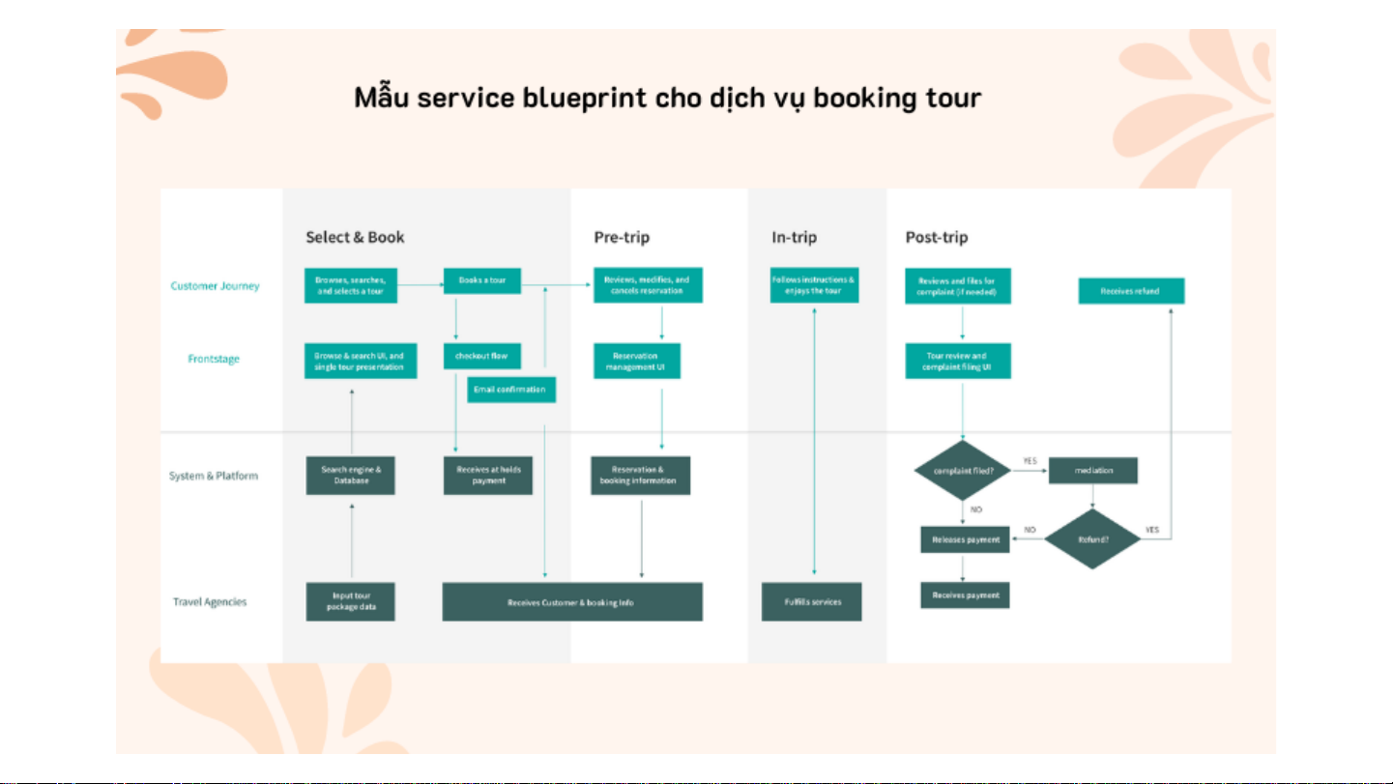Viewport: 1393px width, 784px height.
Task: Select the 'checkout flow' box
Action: click(x=481, y=356)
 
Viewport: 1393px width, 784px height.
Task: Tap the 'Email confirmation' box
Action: click(x=510, y=390)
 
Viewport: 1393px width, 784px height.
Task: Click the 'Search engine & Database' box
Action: click(x=351, y=475)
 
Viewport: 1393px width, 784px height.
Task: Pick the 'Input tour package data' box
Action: click(x=351, y=601)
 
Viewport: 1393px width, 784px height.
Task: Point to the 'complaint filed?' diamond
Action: click(x=962, y=471)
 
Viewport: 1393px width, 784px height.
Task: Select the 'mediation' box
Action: click(x=1093, y=471)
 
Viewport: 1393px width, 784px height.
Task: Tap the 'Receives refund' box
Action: click(x=1131, y=291)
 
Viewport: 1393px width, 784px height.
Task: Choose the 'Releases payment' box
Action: click(x=965, y=539)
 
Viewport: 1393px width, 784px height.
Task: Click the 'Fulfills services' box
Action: click(x=812, y=601)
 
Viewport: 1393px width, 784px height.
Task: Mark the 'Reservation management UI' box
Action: click(x=637, y=361)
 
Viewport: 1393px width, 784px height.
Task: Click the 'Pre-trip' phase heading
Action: click(x=621, y=238)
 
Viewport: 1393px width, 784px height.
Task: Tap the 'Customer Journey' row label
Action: click(x=215, y=286)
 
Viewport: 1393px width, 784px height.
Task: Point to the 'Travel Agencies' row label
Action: click(x=210, y=602)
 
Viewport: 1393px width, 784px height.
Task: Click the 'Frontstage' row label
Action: click(x=214, y=360)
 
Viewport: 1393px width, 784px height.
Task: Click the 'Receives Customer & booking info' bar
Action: click(x=571, y=602)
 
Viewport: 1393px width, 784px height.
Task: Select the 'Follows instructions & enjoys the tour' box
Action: click(x=814, y=285)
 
